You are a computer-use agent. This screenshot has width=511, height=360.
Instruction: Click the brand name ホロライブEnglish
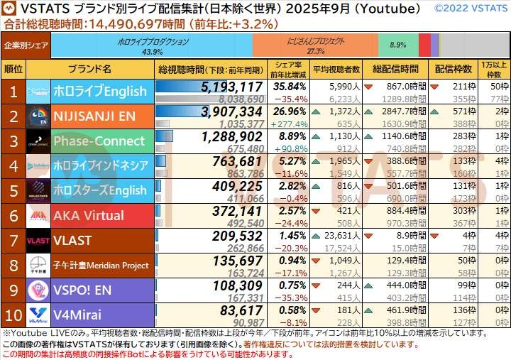(x=99, y=92)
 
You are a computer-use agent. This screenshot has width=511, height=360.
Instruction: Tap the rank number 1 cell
(x=13, y=92)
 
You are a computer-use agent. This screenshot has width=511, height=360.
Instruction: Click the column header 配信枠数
(x=454, y=70)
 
